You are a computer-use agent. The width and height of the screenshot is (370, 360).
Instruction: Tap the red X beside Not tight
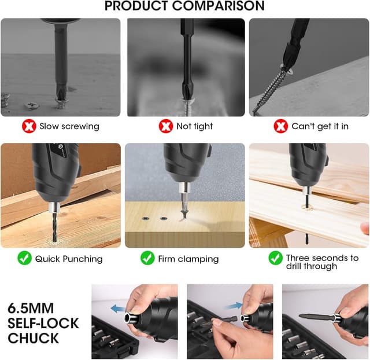pos(166,126)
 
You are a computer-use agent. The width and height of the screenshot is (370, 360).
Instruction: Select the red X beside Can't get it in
pos(281,126)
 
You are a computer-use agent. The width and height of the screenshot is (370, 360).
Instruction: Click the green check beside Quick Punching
pos(24,258)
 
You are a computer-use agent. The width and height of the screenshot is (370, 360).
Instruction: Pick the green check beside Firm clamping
pos(147,258)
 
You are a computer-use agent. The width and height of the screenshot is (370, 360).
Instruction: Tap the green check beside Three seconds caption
pos(275,258)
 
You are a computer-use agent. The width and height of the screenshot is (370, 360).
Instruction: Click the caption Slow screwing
pos(69,126)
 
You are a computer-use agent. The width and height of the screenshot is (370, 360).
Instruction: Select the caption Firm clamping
pos(188,259)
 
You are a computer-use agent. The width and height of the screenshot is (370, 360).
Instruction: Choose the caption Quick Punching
pos(69,259)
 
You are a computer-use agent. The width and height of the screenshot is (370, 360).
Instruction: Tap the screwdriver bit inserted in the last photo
pos(314,317)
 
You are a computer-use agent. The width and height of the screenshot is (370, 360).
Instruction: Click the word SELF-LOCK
pos(43,322)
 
